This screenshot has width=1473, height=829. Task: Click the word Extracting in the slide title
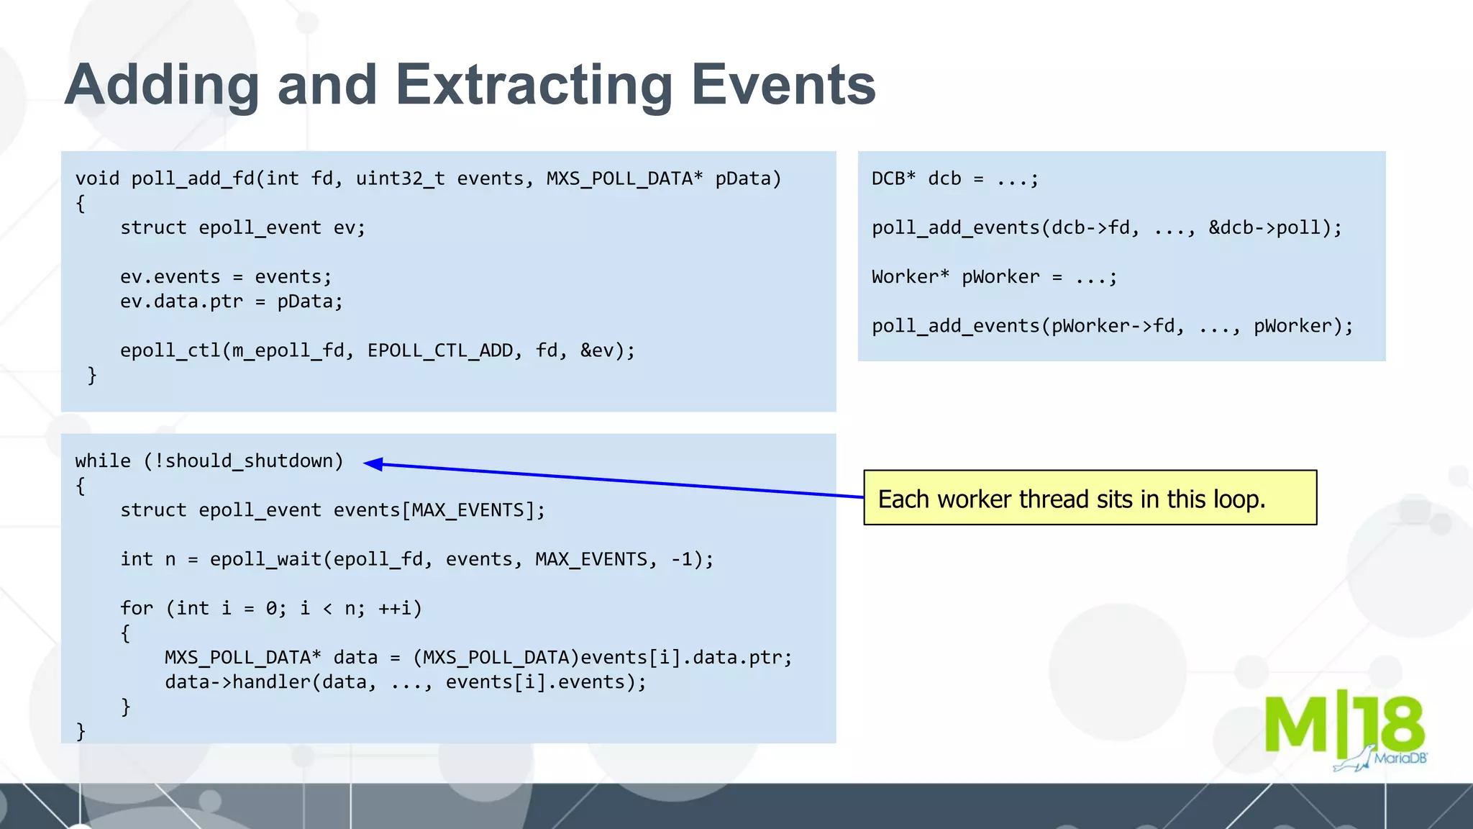click(534, 85)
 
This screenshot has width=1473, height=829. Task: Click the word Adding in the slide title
click(161, 85)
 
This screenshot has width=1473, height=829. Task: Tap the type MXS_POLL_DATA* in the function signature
click(624, 178)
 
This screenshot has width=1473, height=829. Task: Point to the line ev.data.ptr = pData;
click(232, 301)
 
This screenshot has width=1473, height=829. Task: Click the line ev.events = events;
click(226, 276)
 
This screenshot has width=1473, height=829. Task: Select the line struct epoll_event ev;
click(242, 227)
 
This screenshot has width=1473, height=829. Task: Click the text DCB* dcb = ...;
click(955, 178)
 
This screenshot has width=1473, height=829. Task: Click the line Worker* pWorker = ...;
click(994, 276)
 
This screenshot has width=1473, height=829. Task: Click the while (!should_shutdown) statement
click(209, 461)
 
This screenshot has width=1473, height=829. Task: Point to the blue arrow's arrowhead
click(374, 464)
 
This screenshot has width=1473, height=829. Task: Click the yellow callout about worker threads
click(1089, 498)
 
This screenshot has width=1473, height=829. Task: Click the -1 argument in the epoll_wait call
click(683, 559)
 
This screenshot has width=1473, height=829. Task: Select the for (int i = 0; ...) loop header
click(270, 608)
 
